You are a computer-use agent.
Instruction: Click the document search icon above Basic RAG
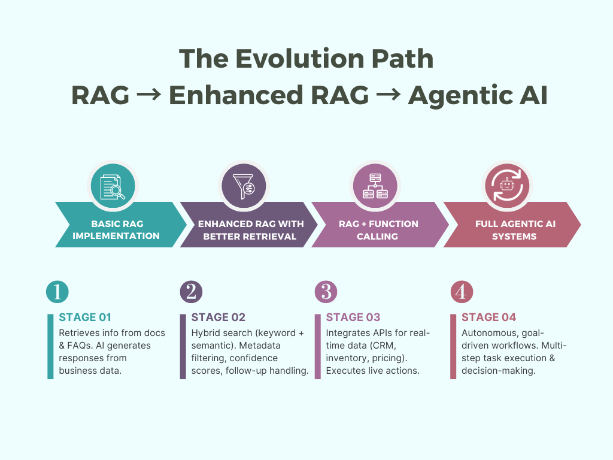(x=113, y=187)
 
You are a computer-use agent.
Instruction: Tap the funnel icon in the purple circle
(x=244, y=186)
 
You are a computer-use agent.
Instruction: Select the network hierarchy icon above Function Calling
(x=375, y=186)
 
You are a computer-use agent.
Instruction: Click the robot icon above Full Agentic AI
(x=507, y=186)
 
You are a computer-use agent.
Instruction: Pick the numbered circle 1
(x=57, y=292)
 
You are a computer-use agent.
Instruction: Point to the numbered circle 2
(x=191, y=292)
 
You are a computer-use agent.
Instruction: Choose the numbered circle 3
(x=326, y=292)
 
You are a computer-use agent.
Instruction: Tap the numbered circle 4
(x=462, y=292)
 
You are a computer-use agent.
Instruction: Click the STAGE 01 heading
(x=85, y=317)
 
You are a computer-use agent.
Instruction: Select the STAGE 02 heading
(x=218, y=317)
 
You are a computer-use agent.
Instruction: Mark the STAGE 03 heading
(x=353, y=317)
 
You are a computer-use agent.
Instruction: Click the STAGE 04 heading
(x=488, y=317)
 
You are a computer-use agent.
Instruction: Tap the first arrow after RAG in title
(x=149, y=95)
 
